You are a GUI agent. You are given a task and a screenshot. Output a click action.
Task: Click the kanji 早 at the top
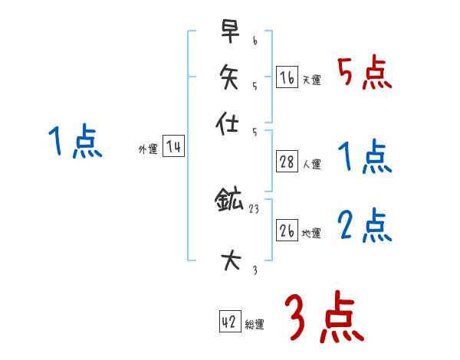[229, 32]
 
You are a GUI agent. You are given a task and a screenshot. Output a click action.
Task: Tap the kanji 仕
[229, 123]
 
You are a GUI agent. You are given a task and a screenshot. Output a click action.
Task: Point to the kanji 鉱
[229, 202]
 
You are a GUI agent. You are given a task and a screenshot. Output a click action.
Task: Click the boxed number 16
[287, 77]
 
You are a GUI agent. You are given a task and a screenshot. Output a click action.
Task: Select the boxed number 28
[287, 162]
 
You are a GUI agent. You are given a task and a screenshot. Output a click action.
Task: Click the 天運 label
[311, 80]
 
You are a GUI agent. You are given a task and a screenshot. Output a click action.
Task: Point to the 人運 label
[311, 164]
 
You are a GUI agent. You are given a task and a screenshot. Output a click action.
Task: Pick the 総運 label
[254, 325]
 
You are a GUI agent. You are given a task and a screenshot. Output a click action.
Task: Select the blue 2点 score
[364, 226]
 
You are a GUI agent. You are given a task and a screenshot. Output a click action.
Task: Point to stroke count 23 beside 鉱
[254, 208]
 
